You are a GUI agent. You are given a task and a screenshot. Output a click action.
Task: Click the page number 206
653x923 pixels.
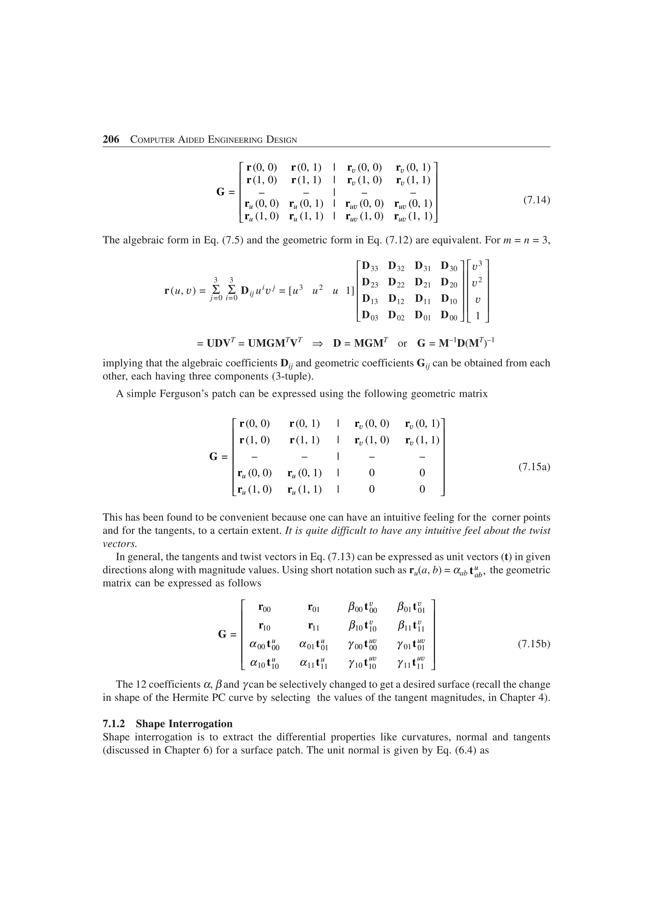point(111,140)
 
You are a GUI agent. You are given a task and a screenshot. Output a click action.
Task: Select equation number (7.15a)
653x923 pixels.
point(533,467)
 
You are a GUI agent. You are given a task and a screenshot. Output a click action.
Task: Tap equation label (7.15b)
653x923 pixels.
point(533,644)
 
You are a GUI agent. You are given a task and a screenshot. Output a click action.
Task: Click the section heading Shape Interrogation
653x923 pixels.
point(184,724)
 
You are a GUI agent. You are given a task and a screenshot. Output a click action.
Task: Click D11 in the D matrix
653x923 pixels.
point(422,299)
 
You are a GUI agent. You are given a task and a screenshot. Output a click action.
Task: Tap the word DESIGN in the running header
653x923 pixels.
point(282,140)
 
